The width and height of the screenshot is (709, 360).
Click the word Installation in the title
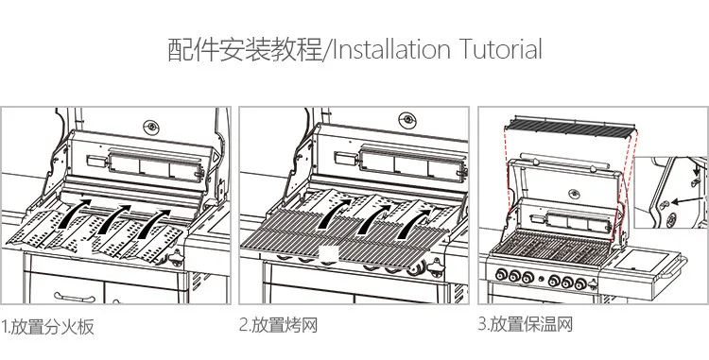coord(391,49)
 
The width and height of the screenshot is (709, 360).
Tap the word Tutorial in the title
coord(501,49)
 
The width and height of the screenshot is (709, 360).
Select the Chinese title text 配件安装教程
coord(245,49)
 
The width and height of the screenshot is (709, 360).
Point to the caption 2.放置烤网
coord(278,325)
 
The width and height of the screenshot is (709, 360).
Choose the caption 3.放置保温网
coord(526,324)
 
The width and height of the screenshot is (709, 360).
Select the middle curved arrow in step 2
coord(374,219)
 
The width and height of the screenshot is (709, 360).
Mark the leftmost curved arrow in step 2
coord(334,214)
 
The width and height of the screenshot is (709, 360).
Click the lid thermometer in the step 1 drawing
coord(151,126)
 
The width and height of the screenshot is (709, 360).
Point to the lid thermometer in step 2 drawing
coord(407,120)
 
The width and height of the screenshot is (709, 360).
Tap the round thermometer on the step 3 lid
coord(574,195)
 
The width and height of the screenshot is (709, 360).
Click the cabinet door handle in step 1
coord(75,298)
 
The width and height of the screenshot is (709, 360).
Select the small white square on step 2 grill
coord(329,254)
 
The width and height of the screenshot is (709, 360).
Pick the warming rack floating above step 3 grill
coord(571,127)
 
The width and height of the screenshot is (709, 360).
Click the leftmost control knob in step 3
coord(501,274)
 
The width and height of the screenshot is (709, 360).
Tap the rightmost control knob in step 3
coord(581,283)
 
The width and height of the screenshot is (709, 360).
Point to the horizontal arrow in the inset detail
coord(688,200)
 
